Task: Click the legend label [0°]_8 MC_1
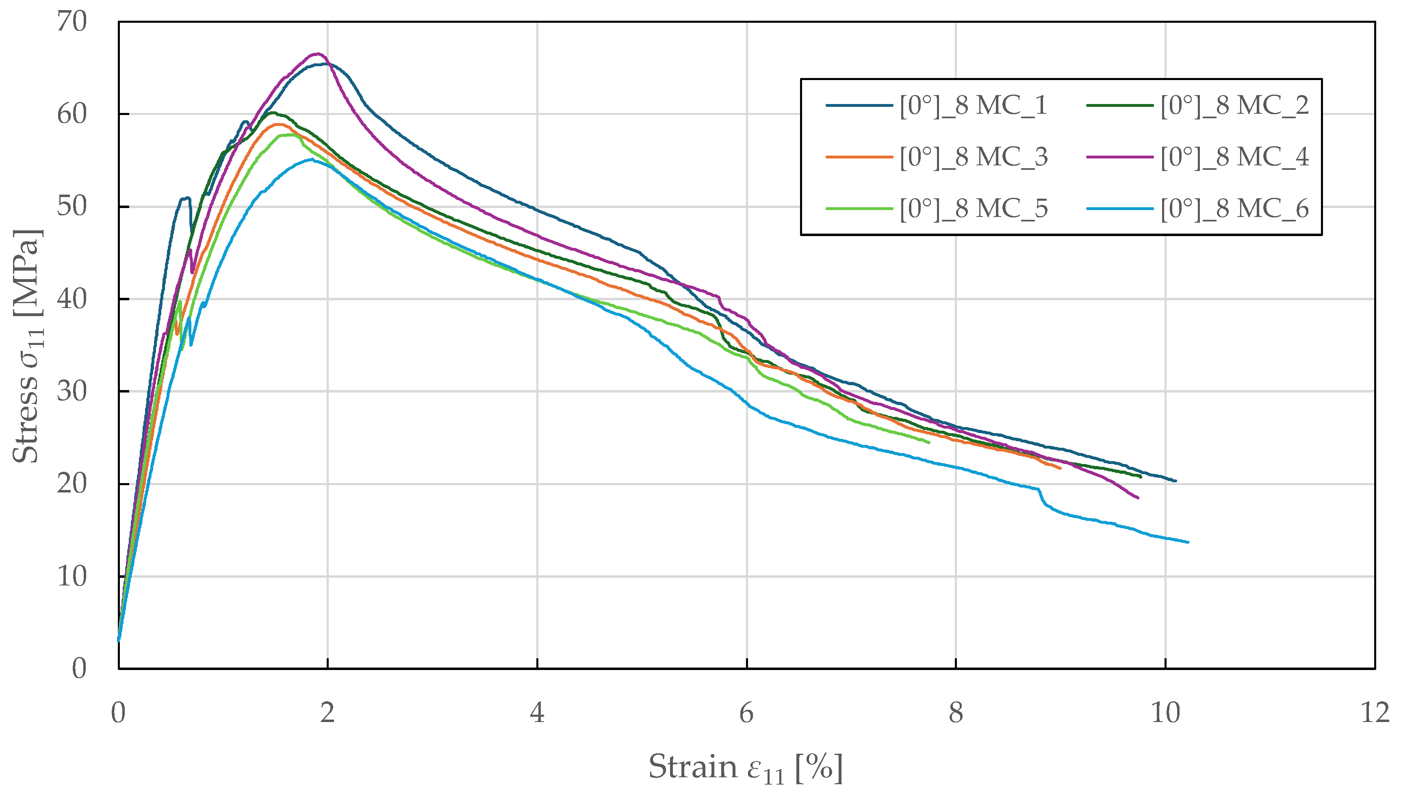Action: pos(973,105)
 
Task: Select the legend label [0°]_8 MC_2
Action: pos(1234,105)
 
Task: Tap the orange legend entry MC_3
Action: pos(973,157)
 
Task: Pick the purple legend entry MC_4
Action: pos(1234,157)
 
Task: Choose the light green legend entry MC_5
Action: pos(973,208)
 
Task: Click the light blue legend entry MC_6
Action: pos(1234,208)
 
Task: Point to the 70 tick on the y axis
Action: pos(72,22)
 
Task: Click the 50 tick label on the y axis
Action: pos(72,207)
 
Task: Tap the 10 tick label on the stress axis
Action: pos(72,577)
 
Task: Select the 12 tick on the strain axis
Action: pos(1375,713)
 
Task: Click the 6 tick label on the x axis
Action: pos(746,713)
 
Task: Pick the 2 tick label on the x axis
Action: pos(327,713)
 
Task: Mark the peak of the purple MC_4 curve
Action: pos(317,54)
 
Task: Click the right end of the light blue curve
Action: pos(1187,542)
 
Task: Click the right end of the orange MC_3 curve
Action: pos(1060,468)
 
